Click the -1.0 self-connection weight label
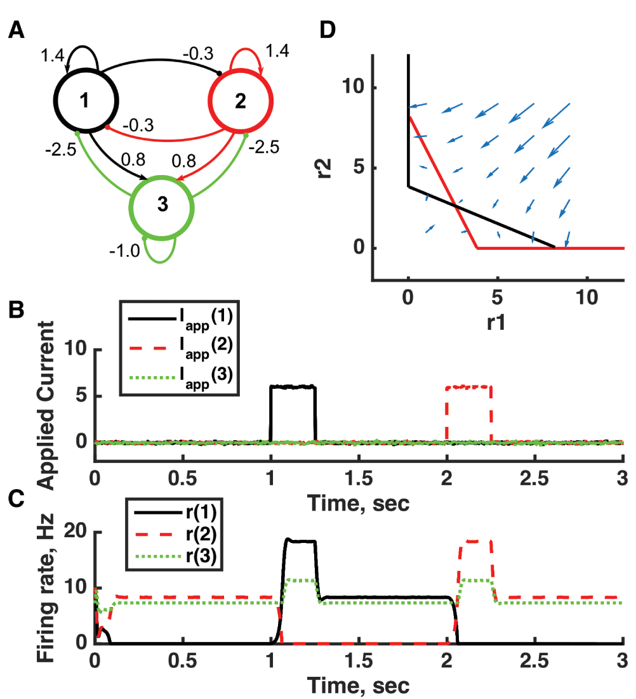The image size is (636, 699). pyautogui.click(x=125, y=251)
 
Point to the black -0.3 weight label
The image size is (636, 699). pyautogui.click(x=198, y=54)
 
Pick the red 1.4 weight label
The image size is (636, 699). pyautogui.click(x=277, y=51)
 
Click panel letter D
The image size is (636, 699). pyautogui.click(x=328, y=30)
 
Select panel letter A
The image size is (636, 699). pyautogui.click(x=17, y=30)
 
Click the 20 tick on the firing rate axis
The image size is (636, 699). pyautogui.click(x=76, y=532)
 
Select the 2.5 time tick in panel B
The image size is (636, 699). pyautogui.click(x=534, y=478)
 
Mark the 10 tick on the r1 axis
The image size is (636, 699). pyautogui.click(x=586, y=297)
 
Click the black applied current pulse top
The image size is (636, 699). pyautogui.click(x=293, y=386)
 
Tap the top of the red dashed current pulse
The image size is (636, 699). pyautogui.click(x=469, y=386)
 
